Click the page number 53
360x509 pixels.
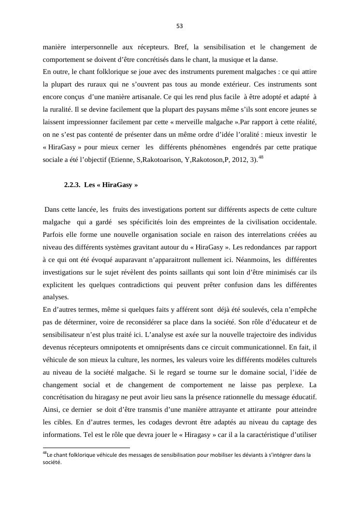pos(180,26)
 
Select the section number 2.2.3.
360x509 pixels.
pos(72,185)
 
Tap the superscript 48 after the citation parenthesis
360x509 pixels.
pos(261,157)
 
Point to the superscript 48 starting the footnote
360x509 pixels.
pos(45,453)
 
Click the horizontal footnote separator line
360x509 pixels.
pos(86,448)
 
